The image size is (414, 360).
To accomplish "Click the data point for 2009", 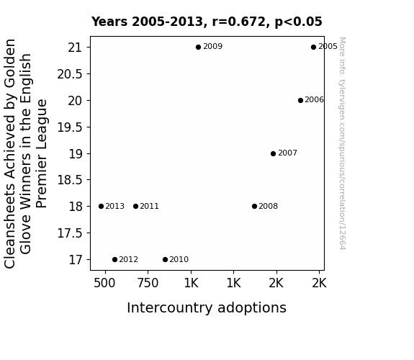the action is [x=198, y=48].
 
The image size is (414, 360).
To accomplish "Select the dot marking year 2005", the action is [x=313, y=48].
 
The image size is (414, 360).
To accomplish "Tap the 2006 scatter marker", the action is [x=300, y=100].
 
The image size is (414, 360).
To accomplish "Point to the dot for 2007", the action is [x=274, y=153].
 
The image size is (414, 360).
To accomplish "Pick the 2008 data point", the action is [x=255, y=207].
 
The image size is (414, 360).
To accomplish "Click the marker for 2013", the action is [x=101, y=207].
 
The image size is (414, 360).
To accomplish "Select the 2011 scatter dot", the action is [x=135, y=207].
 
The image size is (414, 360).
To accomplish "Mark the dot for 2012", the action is [x=114, y=260].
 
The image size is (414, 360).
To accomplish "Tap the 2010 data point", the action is [x=166, y=260].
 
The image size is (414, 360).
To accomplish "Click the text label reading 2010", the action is [x=179, y=260].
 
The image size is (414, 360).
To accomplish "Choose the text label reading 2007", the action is [x=287, y=153].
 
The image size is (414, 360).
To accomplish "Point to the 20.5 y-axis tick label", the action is [x=70, y=74].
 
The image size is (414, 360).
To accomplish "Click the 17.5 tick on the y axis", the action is [x=70, y=233].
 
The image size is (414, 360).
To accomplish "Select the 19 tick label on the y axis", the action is [x=76, y=154].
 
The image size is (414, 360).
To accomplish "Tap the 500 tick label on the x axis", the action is [x=104, y=283].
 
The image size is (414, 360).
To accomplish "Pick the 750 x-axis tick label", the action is [x=148, y=283].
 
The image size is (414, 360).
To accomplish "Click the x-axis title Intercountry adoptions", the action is [x=207, y=307].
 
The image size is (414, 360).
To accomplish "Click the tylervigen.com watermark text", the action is [x=342, y=143].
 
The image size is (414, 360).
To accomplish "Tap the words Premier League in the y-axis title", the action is [x=42, y=153].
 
